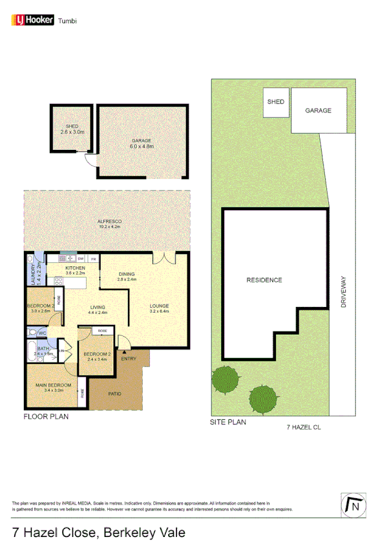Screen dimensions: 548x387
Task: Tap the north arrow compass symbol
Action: point(353,505)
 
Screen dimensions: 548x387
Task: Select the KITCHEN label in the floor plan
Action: point(75,268)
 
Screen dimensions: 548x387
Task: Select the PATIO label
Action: point(114,394)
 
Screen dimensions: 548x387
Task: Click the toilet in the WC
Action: point(32,332)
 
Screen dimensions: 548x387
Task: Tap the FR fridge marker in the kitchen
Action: point(93,258)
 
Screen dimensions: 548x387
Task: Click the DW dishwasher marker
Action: point(81,258)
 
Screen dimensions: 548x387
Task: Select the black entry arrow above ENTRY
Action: point(125,352)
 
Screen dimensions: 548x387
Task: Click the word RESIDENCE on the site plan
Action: point(264,280)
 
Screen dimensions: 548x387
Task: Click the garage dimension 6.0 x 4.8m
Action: point(142,147)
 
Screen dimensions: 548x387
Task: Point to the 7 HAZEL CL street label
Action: point(304,427)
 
